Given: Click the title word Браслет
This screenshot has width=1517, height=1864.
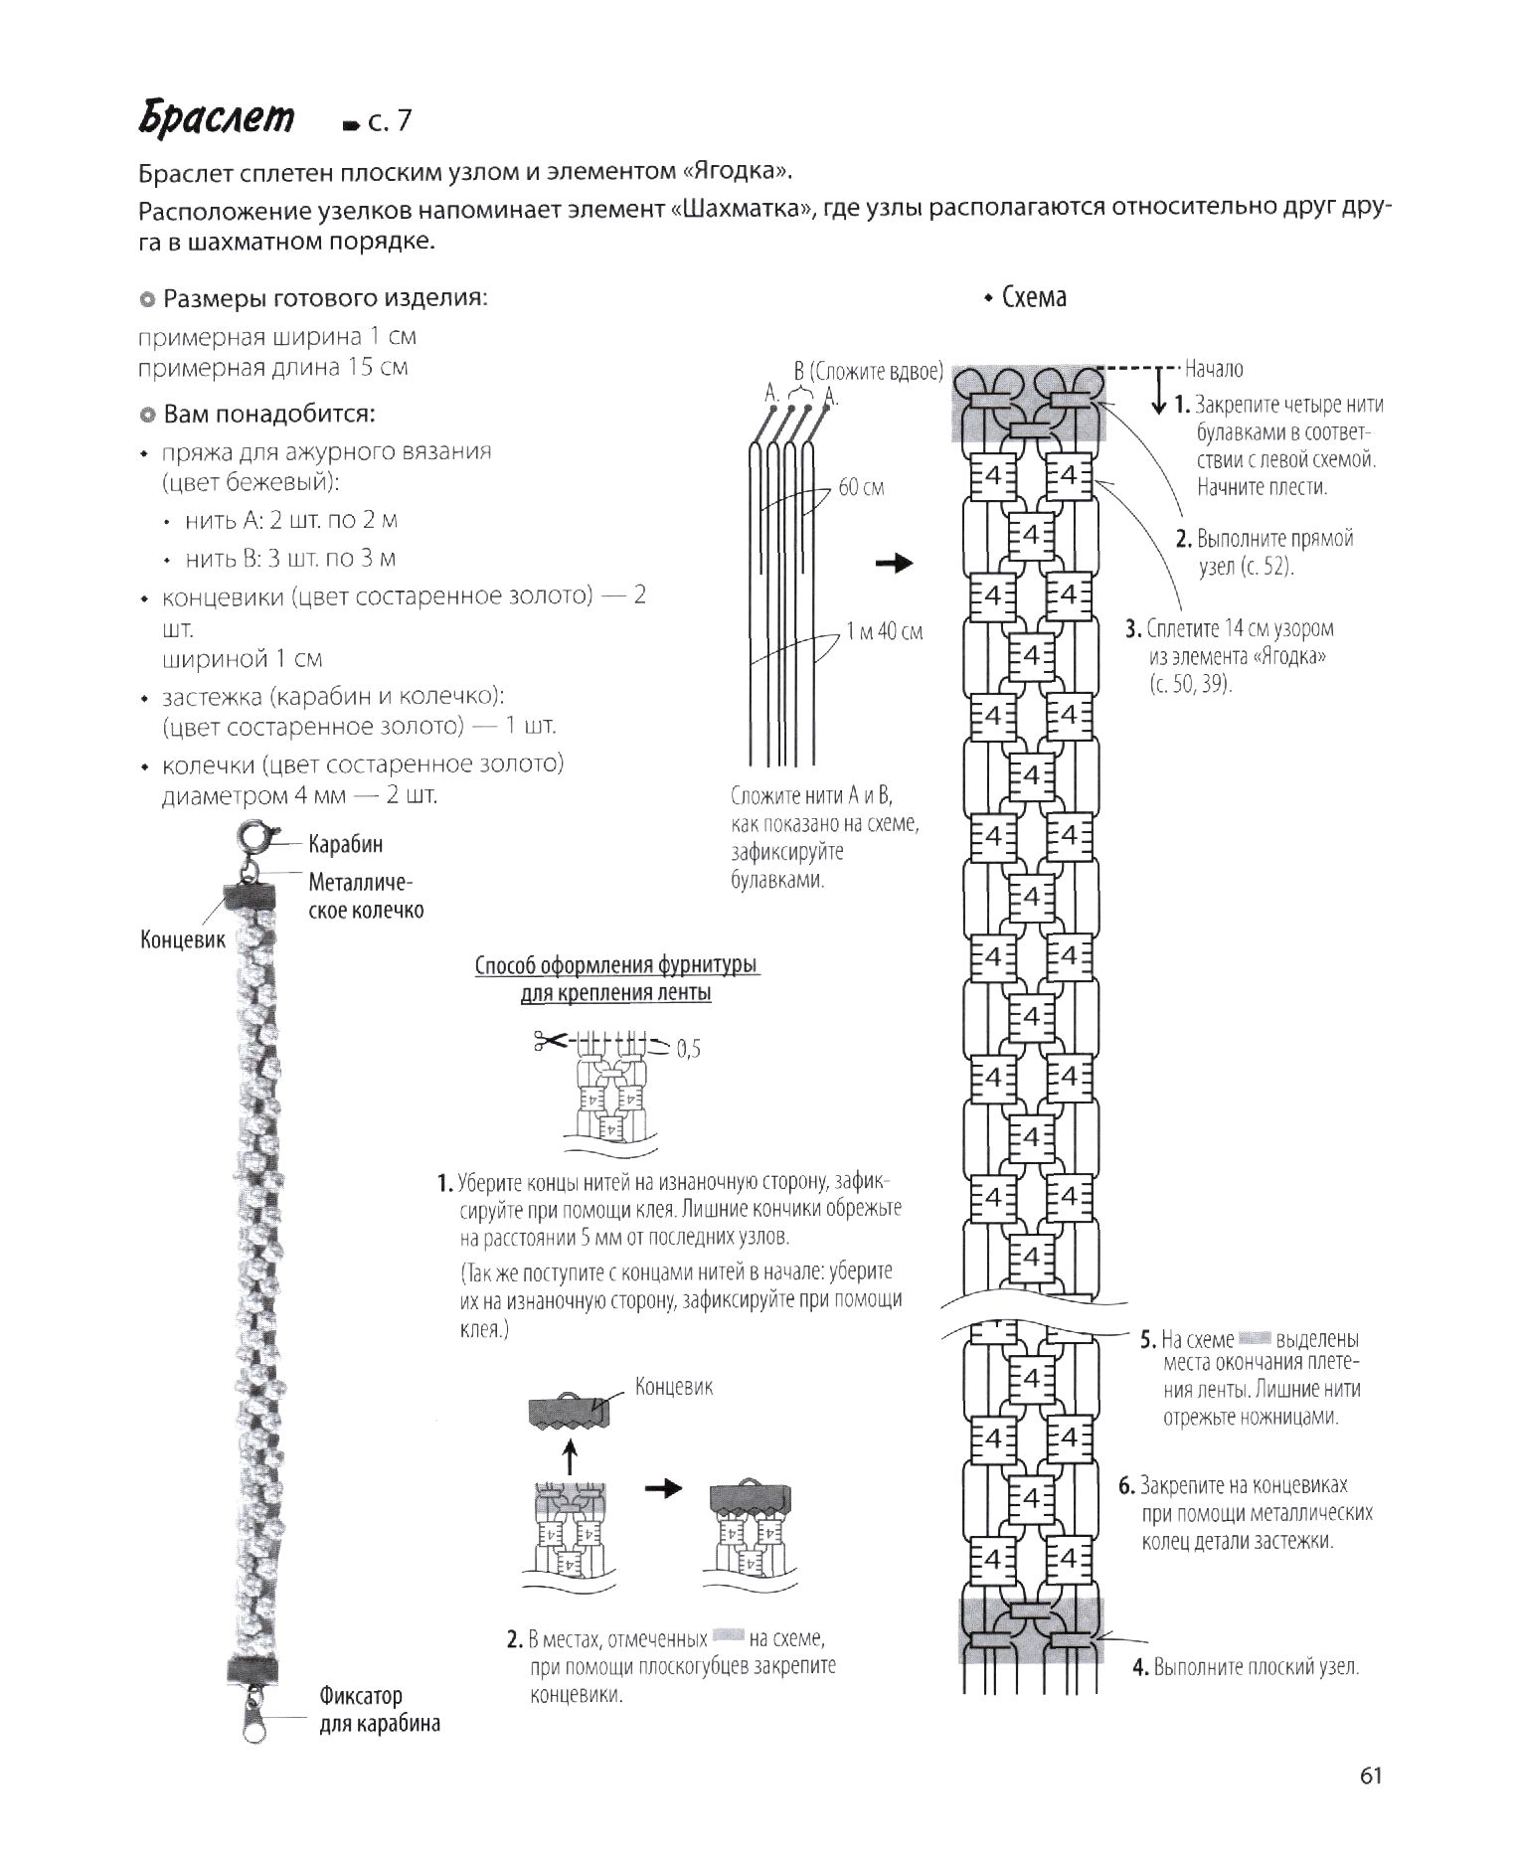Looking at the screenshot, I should point(217,118).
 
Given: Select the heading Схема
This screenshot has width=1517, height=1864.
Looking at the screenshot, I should point(1033,297).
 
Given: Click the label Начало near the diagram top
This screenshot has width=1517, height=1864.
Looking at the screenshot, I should point(1214,369).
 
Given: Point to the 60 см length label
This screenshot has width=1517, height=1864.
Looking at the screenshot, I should point(861,488).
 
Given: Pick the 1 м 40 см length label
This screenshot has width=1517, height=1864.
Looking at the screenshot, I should point(884,631).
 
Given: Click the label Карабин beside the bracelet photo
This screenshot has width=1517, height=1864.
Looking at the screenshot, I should point(345,845).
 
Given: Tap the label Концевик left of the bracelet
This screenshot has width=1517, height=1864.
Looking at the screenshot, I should point(183,939).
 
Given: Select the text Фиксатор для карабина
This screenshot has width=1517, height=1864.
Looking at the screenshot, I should point(379,1709).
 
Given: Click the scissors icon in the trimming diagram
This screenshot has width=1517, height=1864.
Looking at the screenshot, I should point(549,1041).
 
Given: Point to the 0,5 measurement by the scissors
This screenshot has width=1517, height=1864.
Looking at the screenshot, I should point(689,1049).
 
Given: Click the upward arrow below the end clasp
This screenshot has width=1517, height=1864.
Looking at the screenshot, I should point(571,1457).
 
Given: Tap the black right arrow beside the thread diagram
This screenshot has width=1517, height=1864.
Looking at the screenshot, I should point(894,563).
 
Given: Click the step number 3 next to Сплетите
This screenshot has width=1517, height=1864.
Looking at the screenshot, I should point(1132,628).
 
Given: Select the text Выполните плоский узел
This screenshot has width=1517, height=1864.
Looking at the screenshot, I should point(1256,1667).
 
